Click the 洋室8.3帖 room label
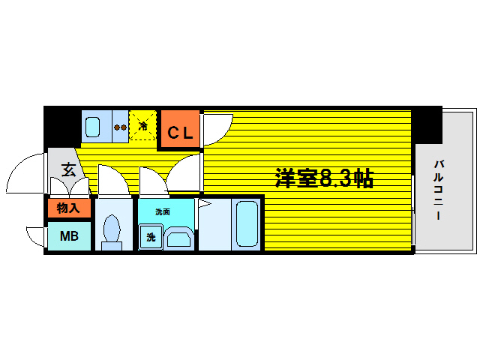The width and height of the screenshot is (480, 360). coord(324,178)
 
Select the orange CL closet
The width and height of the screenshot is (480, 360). coord(180,132)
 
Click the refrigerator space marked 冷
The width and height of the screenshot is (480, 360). coord(142,125)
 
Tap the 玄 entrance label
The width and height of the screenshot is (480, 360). coord(68,170)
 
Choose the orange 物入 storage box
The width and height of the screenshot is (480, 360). coord(69,208)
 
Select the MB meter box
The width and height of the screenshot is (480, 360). coord(69,236)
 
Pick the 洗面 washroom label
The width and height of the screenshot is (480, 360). coord(163,212)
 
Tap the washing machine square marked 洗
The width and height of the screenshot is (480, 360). coord(150,238)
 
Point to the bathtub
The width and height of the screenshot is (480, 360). coord(245,223)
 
